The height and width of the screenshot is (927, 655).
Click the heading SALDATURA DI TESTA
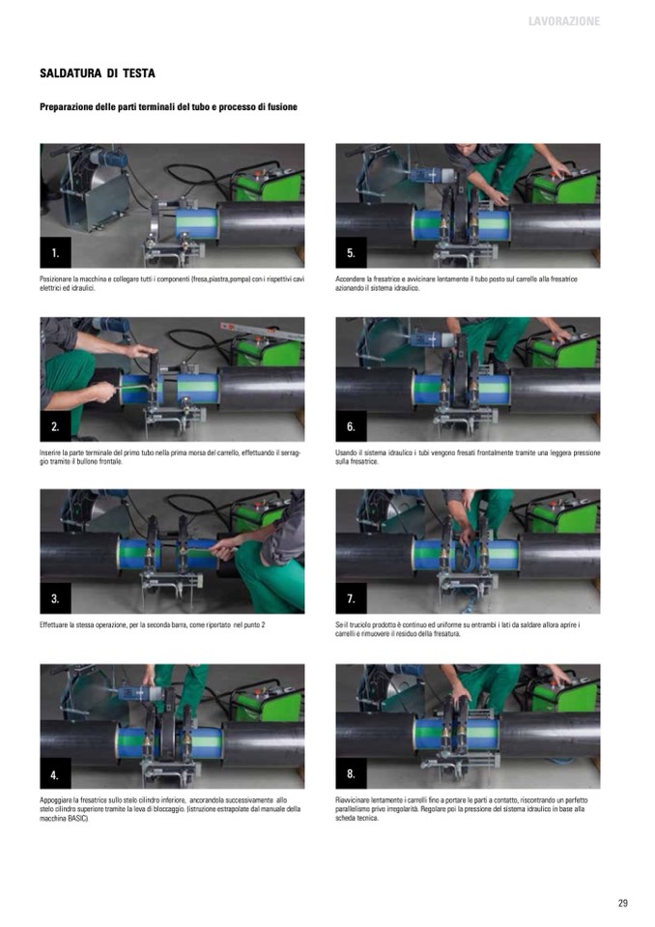(x=98, y=73)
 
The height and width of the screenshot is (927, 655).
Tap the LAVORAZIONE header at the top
(x=564, y=21)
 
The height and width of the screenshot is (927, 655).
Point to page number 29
(x=622, y=903)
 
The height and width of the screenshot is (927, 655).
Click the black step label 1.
(x=55, y=253)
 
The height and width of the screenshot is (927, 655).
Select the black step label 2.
(x=55, y=426)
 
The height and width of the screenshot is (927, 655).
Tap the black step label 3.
(x=55, y=598)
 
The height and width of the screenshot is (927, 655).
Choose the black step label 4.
(x=55, y=774)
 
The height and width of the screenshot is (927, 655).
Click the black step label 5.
(x=352, y=253)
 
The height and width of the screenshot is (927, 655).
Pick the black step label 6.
(x=352, y=426)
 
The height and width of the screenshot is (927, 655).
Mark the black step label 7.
(x=352, y=598)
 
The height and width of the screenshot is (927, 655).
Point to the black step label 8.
(x=352, y=774)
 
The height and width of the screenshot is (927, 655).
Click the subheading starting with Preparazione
(x=168, y=107)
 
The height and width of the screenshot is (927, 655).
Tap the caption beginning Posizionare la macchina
(x=172, y=283)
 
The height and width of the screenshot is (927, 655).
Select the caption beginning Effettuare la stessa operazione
(x=153, y=624)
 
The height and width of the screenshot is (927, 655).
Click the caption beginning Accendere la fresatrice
(x=457, y=283)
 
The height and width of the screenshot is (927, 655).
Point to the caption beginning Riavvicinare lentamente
(x=461, y=809)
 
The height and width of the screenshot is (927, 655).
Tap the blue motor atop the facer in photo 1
(x=108, y=158)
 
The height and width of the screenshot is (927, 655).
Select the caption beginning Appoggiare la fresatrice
(x=170, y=809)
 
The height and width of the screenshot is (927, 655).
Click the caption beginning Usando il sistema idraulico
(x=468, y=457)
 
